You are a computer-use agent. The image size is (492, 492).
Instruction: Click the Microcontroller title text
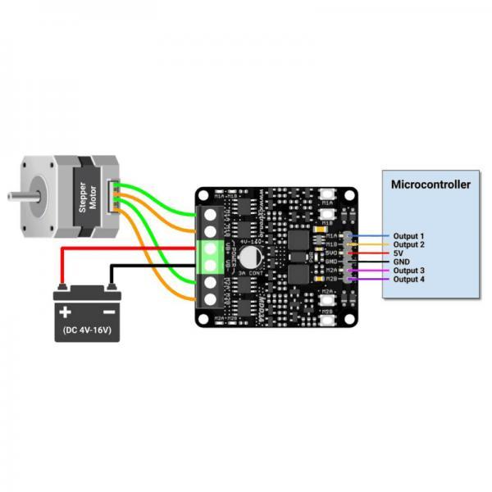430,184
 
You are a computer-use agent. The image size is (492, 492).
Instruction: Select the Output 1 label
408,235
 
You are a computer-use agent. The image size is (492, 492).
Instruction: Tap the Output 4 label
408,280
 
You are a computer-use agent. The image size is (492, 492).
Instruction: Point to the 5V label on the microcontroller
399,253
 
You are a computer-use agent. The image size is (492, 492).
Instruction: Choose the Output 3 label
408,271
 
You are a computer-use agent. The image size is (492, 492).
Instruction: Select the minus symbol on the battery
108,312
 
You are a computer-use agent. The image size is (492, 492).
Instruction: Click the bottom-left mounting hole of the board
204,317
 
